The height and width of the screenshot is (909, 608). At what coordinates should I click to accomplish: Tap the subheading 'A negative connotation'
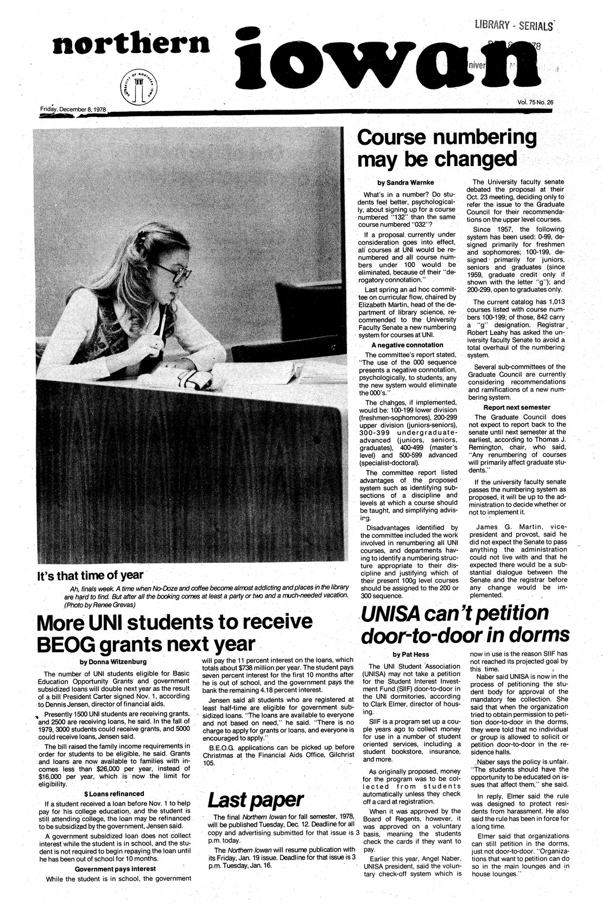point(408,345)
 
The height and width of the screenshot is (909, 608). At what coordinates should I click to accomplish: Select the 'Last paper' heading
point(255,799)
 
